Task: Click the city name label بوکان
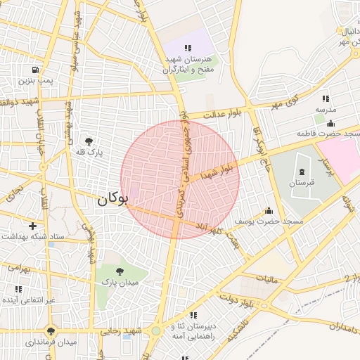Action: (x=112, y=199)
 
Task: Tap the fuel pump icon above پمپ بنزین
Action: (x=34, y=70)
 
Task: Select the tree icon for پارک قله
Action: (x=89, y=141)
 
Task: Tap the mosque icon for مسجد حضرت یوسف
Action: (x=268, y=210)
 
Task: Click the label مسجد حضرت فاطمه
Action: (x=333, y=133)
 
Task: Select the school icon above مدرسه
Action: (x=325, y=99)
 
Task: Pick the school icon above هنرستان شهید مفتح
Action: (x=186, y=47)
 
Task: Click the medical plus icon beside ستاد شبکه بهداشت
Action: (x=14, y=236)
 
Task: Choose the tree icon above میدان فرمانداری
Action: (x=50, y=330)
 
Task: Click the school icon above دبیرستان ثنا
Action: (x=193, y=314)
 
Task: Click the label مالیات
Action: (x=267, y=280)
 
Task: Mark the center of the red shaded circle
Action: (x=180, y=180)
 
